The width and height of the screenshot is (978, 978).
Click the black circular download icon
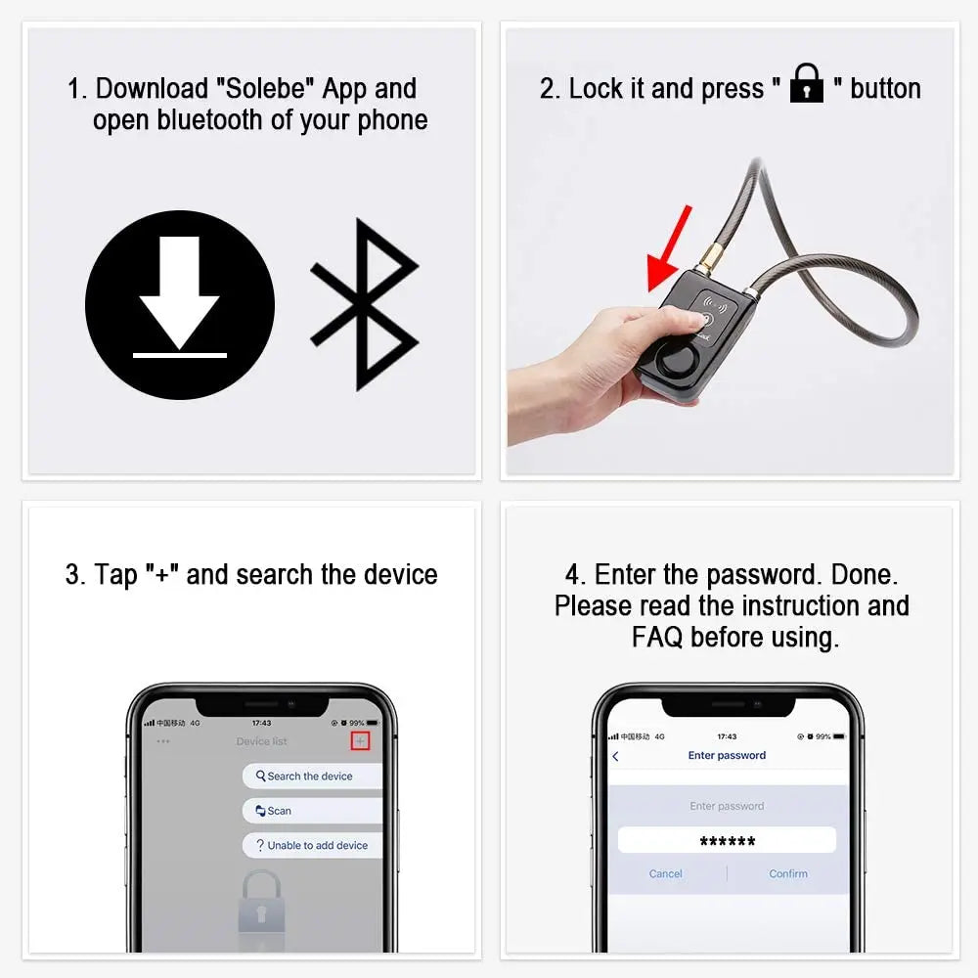(x=180, y=304)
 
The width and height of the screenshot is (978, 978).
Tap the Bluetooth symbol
(x=364, y=304)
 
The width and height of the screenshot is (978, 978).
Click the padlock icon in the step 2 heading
(x=807, y=84)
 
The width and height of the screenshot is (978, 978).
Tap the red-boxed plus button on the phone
(x=360, y=741)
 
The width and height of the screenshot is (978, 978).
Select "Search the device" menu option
(x=310, y=776)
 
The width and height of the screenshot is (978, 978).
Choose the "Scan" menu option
(x=280, y=811)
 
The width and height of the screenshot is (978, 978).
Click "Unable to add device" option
(x=317, y=845)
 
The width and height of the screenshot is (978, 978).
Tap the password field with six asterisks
(x=727, y=840)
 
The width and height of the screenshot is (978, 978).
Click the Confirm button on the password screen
(x=788, y=873)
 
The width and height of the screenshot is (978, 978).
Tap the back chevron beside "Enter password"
(x=615, y=756)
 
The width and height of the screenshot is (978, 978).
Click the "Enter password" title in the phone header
(x=727, y=755)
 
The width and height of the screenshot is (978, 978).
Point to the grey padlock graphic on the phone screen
(x=261, y=905)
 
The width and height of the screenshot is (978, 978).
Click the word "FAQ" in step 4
(x=657, y=638)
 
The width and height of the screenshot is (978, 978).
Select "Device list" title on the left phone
(x=261, y=741)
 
